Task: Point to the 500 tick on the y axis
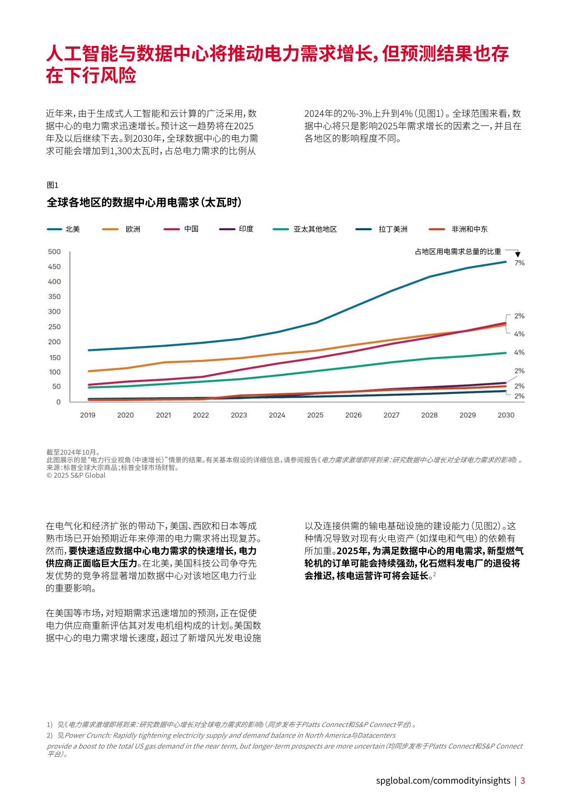tap(54, 252)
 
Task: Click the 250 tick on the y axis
tap(54, 327)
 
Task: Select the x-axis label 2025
tap(315, 415)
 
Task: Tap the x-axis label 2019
tap(88, 415)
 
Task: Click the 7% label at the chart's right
tap(519, 263)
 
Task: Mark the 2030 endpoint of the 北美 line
tap(506, 262)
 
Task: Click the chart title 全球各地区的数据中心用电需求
tap(144, 202)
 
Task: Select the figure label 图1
tap(52, 185)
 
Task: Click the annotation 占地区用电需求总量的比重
tap(458, 251)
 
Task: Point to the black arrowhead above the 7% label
tap(518, 255)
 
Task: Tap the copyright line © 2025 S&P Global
tap(76, 475)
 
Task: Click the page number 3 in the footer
tap(523, 781)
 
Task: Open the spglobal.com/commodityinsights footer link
tap(443, 781)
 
